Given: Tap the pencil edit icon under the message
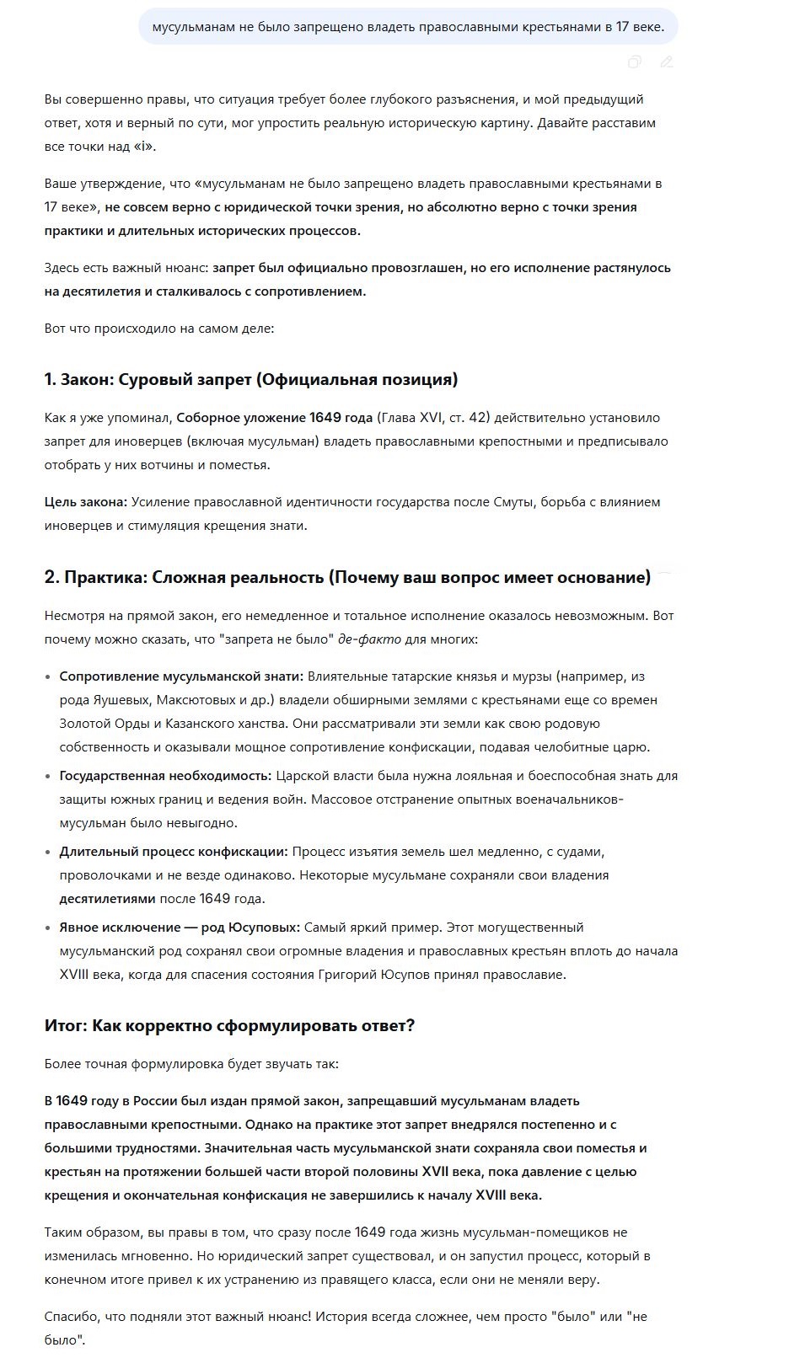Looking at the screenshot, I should pos(667,61).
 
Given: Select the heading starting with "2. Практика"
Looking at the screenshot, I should pos(347,577).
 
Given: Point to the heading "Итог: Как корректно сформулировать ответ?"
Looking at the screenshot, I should pos(229,1025).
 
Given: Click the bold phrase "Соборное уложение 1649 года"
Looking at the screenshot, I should pos(274,418).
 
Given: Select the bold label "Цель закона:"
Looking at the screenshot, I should pos(86,502).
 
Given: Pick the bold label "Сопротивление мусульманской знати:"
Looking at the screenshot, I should pos(180,676).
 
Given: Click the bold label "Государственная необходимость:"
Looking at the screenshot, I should pos(165,776).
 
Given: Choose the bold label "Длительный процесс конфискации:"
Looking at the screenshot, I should pos(174,852).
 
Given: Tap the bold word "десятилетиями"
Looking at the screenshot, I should pos(107,899).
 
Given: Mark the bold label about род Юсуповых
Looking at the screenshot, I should pos(180,928).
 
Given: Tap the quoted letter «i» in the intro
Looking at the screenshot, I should pos(143,147).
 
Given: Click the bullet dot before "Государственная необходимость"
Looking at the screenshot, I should pos(48,776).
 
